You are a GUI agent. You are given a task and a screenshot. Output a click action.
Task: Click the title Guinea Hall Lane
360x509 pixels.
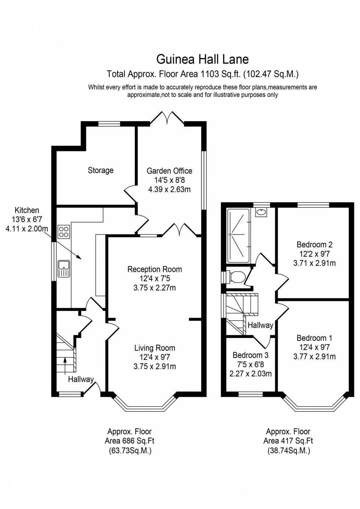click(x=202, y=59)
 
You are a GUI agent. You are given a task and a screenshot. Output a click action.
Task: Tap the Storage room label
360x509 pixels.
click(x=100, y=170)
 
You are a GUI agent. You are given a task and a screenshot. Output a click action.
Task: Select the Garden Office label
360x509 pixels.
click(x=169, y=171)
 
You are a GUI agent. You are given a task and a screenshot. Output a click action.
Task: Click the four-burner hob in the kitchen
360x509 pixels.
click(x=64, y=232)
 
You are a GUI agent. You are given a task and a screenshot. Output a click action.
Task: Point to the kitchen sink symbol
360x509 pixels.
click(x=63, y=268)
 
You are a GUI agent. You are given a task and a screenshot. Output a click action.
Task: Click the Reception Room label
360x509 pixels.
click(x=155, y=269)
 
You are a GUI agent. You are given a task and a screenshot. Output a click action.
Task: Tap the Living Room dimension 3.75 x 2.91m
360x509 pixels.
click(x=155, y=367)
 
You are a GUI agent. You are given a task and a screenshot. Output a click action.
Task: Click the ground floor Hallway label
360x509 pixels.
click(x=81, y=379)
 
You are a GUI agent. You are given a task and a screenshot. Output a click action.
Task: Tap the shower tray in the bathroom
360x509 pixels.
click(x=238, y=234)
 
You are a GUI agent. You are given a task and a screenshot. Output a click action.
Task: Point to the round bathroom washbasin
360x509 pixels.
click(x=261, y=212)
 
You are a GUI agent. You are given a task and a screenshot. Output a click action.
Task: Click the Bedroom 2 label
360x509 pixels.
click(x=314, y=245)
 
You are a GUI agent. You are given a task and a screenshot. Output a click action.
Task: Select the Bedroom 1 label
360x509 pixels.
click(x=314, y=338)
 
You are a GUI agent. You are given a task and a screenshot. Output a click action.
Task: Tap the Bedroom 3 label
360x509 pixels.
click(x=251, y=355)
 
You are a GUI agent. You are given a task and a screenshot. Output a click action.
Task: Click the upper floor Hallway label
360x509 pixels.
click(x=260, y=325)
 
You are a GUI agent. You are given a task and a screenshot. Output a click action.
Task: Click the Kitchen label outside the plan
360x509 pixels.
click(x=27, y=210)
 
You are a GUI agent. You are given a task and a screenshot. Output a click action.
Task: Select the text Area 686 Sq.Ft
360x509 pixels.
click(x=129, y=441)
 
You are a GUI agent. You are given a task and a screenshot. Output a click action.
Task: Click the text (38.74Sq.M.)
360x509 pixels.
click(x=288, y=451)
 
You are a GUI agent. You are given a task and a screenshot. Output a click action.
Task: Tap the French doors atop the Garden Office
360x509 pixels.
click(x=168, y=118)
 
